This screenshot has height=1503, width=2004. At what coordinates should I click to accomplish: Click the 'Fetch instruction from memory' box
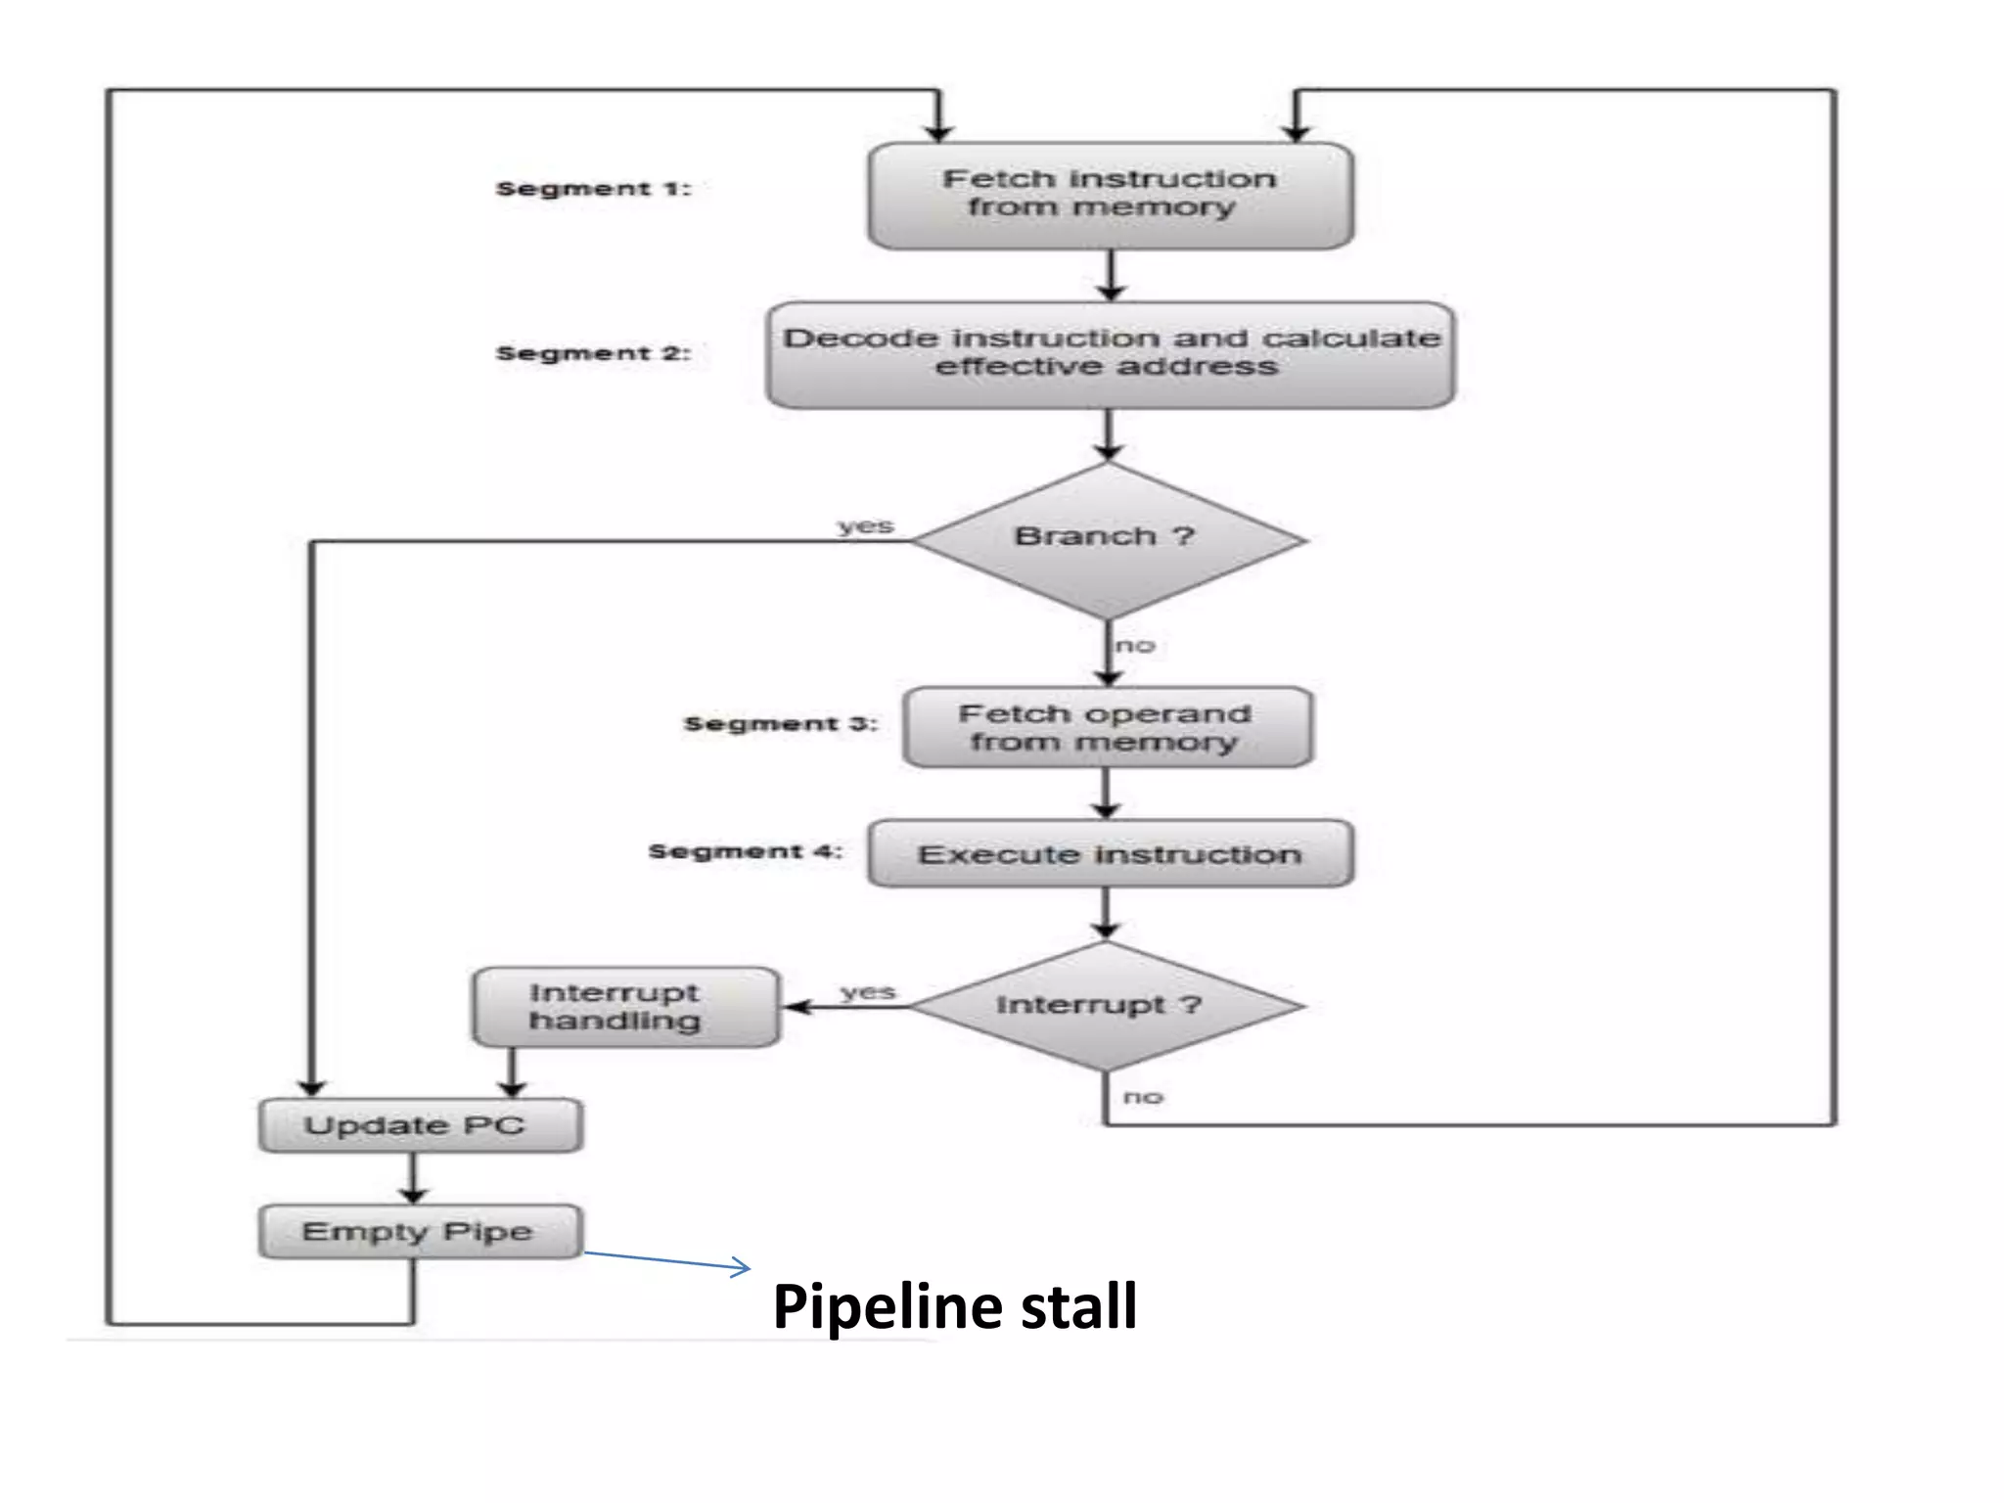tap(1110, 195)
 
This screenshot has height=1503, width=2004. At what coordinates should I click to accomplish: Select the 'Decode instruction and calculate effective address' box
tap(1110, 353)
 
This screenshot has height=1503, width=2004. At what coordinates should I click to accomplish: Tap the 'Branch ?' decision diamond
tap(1106, 539)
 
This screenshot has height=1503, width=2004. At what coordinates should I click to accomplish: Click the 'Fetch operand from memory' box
tap(1106, 727)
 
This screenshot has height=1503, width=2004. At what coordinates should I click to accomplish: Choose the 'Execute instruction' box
tap(1110, 854)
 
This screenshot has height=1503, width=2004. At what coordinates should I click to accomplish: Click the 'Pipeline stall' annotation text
tap(954, 1306)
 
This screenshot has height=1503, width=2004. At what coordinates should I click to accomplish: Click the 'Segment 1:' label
tap(593, 189)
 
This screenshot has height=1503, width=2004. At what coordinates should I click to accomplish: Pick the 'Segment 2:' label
tap(593, 353)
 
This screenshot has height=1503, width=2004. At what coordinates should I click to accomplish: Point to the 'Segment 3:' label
tap(780, 724)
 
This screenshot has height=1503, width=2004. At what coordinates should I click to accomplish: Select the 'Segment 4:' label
tap(745, 851)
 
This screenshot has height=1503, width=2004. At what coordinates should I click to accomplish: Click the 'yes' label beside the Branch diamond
tap(865, 526)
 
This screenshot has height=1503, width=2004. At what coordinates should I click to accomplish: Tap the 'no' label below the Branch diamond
tap(1135, 646)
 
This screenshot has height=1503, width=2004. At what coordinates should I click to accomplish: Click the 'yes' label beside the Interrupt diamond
tap(867, 992)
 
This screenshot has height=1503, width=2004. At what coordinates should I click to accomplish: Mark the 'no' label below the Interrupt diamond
tap(1143, 1097)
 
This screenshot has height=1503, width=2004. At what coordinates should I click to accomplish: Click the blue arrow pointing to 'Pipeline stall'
tap(667, 1260)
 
